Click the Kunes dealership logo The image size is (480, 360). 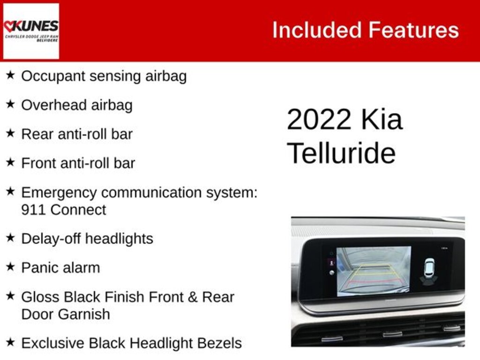pos(31,31)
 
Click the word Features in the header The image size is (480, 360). pos(413,30)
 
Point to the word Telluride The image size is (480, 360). pos(341,153)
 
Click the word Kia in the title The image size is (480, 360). pos(382,120)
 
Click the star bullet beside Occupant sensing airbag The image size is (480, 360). pos(10,75)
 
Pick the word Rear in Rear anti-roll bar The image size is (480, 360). pos(37,134)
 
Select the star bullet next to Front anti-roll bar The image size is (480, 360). pos(10,162)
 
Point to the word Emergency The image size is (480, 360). pos(59,193)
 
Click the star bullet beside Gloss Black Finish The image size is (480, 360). pos(10,296)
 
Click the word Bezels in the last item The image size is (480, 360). pos(218,343)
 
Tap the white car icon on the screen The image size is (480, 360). pos(429,268)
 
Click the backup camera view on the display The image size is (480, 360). pos(374,271)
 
